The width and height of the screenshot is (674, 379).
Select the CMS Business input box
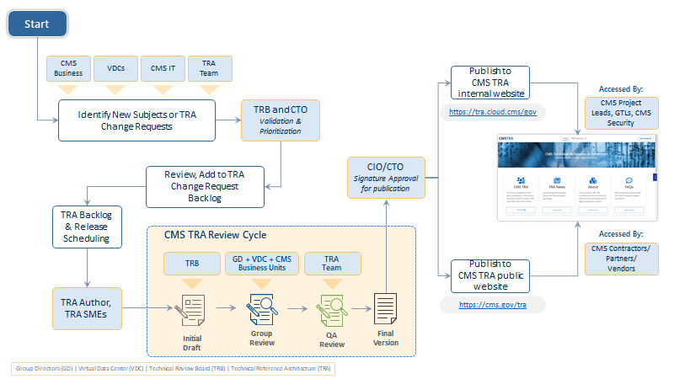click(x=67, y=68)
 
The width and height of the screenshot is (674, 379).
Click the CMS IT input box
click(x=163, y=68)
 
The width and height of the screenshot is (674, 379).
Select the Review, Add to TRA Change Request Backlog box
click(x=204, y=186)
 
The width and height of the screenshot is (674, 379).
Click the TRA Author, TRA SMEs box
click(x=87, y=307)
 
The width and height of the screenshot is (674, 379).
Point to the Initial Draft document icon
click(x=192, y=310)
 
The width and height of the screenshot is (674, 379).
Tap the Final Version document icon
click(x=385, y=308)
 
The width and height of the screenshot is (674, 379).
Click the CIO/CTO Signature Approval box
click(x=387, y=178)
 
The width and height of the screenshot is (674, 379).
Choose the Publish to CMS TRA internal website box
click(x=489, y=83)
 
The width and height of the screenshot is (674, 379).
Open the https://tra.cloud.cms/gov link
click(x=492, y=111)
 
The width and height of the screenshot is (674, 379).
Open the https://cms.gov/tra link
click(x=492, y=305)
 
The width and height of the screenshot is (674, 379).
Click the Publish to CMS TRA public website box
click(x=489, y=275)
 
